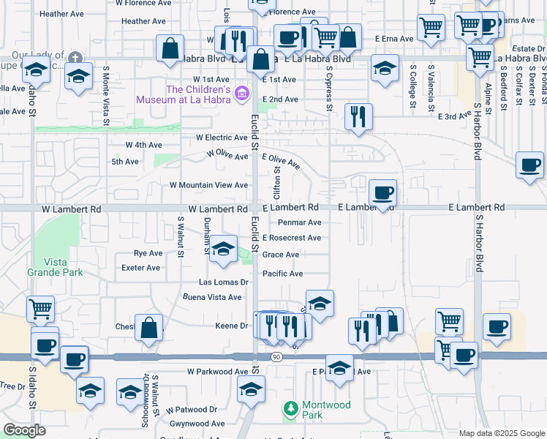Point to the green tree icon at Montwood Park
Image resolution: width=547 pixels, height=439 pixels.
click(290, 406)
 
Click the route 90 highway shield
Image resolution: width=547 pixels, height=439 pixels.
click(275, 357)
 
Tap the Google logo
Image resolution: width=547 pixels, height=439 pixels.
click(24, 430)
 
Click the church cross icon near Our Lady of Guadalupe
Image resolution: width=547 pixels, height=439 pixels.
click(75, 57)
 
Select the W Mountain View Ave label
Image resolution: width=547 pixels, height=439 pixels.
click(209, 185)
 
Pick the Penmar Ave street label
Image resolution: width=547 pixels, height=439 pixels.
click(299, 222)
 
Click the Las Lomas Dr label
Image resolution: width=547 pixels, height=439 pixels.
click(225, 282)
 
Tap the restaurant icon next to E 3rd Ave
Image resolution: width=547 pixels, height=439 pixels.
click(358, 116)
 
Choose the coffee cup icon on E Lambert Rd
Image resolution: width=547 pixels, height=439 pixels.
click(382, 194)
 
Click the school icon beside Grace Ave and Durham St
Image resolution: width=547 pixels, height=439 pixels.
click(224, 248)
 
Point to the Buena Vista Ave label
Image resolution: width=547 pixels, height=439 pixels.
click(212, 297)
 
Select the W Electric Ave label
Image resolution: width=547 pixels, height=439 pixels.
click(222, 137)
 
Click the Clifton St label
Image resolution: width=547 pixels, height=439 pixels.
click(277, 183)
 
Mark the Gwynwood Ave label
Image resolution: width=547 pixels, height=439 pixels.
click(197, 424)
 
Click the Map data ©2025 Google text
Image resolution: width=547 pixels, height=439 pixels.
click(502, 433)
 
